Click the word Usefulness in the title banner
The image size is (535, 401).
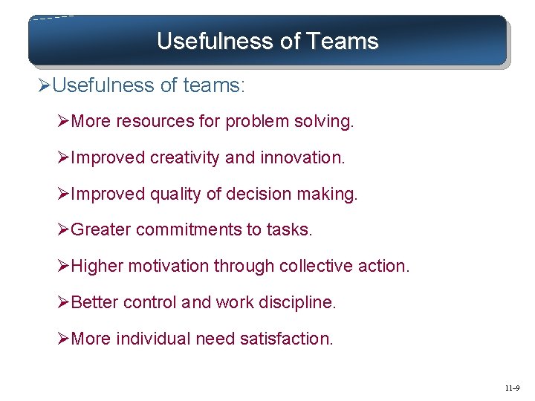(215, 41)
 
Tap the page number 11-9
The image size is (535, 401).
(512, 388)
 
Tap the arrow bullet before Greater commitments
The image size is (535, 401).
(64, 230)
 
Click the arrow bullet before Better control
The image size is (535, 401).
(64, 302)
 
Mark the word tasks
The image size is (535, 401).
(292, 230)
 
